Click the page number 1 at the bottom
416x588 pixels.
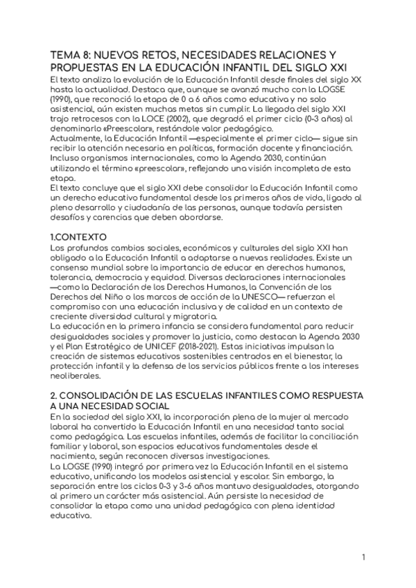click(x=363, y=557)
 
